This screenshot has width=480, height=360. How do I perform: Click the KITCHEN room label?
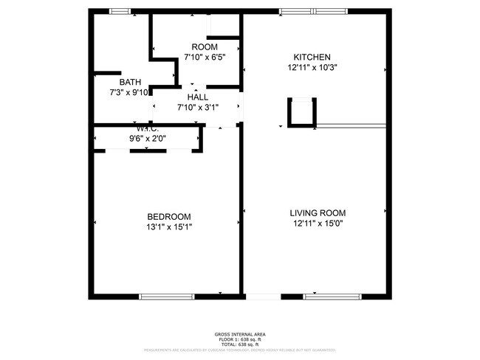pyautogui.click(x=312, y=57)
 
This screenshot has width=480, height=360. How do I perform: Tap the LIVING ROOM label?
pyautogui.click(x=316, y=212)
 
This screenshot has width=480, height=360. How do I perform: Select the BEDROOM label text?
pyautogui.click(x=169, y=216)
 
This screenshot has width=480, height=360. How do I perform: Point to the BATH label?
pyautogui.click(x=130, y=82)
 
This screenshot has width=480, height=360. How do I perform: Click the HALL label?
pyautogui.click(x=197, y=97)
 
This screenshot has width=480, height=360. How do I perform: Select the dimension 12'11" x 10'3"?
pyautogui.click(x=312, y=67)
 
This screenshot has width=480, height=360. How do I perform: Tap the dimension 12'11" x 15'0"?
pyautogui.click(x=316, y=223)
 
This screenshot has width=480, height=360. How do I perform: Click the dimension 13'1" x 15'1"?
pyautogui.click(x=169, y=226)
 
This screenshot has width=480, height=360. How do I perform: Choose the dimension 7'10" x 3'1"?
pyautogui.click(x=197, y=107)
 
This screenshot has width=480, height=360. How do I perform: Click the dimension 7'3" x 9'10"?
pyautogui.click(x=129, y=92)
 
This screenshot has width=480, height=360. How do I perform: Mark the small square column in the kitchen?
pyautogui.click(x=301, y=112)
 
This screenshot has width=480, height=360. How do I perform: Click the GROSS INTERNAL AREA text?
pyautogui.click(x=239, y=333)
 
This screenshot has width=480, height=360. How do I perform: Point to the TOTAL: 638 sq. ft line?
pyautogui.click(x=239, y=344)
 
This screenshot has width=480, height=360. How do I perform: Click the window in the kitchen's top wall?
pyautogui.click(x=314, y=11)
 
